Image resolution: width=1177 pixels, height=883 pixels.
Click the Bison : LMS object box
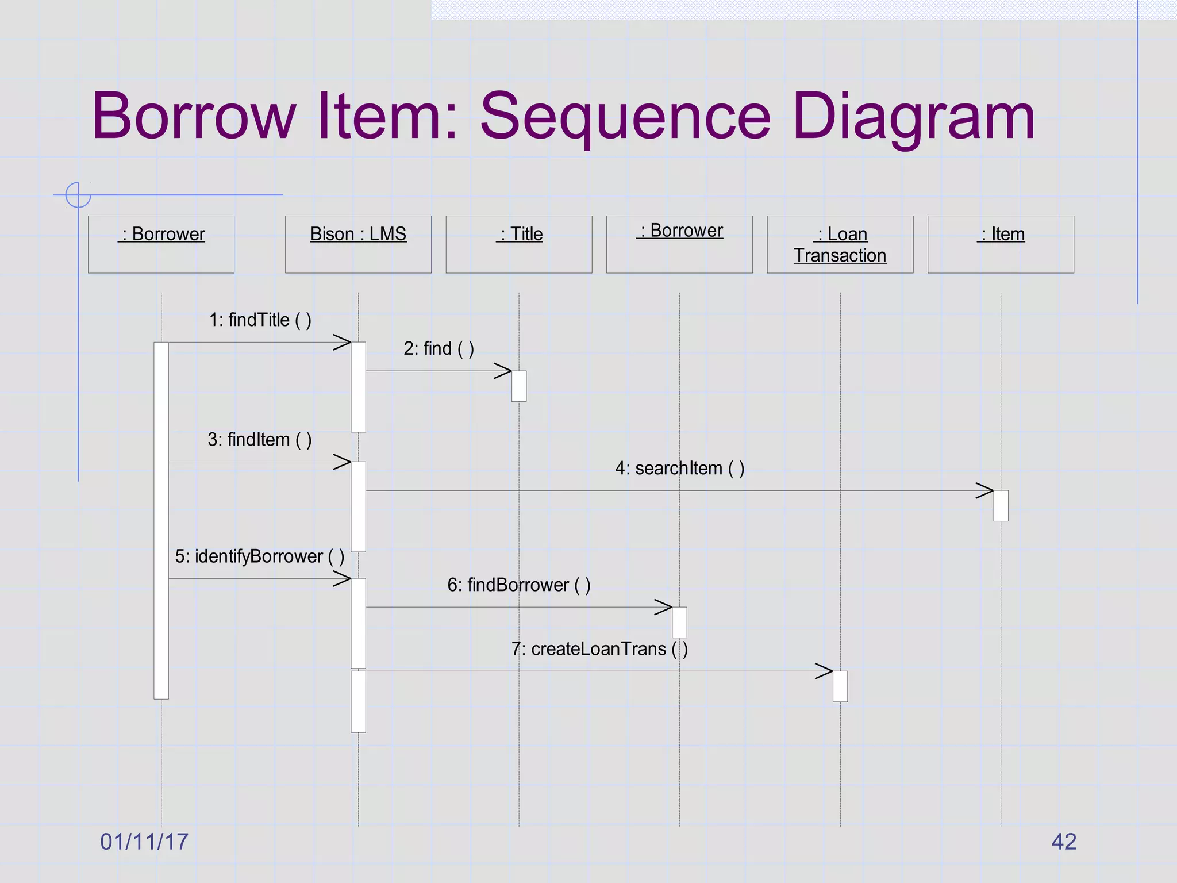358,244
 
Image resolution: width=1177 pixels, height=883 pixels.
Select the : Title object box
518,244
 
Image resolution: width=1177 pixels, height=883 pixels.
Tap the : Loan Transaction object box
840,244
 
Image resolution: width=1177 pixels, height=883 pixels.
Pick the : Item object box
1001,244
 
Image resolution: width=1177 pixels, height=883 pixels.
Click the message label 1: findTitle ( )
260,320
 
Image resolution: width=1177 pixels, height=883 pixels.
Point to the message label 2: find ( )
439,348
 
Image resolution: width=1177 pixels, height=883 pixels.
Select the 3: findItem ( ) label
260,440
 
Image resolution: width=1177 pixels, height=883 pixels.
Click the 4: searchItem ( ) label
680,469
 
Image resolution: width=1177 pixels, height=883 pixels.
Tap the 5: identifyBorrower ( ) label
260,556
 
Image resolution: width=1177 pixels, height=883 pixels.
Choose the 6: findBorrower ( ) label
519,585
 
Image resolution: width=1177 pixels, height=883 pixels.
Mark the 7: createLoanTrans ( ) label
599,649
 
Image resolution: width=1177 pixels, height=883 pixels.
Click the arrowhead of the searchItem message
985,491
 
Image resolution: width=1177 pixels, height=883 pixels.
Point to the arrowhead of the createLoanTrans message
825,671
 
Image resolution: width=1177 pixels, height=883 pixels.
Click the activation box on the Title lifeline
519,386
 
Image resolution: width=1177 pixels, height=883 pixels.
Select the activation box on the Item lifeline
1001,505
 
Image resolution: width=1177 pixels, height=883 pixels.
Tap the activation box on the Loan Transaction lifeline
840,686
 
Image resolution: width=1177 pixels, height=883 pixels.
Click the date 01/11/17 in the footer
144,842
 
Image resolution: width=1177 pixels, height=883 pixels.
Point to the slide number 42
1064,842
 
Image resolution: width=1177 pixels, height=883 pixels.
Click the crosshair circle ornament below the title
78,195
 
